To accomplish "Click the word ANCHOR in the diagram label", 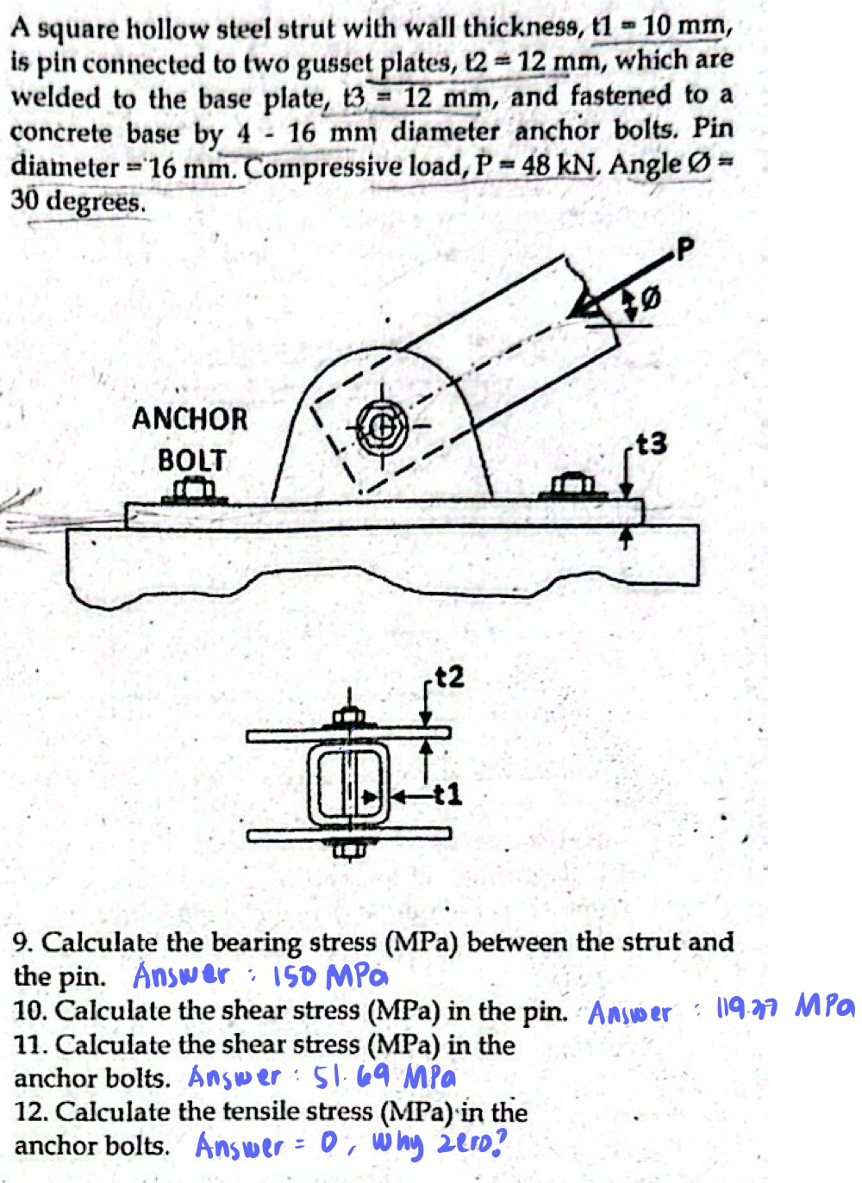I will [x=190, y=420].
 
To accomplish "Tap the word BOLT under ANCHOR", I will [x=191, y=460].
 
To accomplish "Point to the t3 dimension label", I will [x=651, y=445].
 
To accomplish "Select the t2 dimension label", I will [x=449, y=677].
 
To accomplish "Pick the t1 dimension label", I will [x=448, y=794].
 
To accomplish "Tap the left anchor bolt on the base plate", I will [x=195, y=492].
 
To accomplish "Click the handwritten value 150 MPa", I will [x=330, y=977].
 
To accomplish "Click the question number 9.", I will [x=22, y=943].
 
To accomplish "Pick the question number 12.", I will [x=29, y=1112].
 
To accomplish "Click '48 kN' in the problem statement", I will [x=560, y=165].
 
